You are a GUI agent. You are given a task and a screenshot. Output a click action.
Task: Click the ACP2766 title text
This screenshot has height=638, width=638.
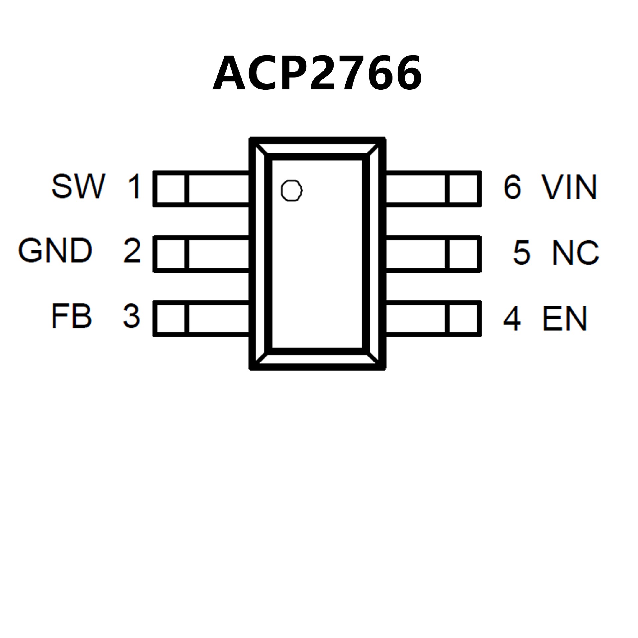coord(317,73)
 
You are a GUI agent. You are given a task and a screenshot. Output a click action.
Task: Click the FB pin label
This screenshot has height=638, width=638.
coord(71,316)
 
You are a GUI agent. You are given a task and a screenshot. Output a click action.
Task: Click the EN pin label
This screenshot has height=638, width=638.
coord(565,319)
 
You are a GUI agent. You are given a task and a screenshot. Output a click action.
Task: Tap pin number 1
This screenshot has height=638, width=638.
coord(135,187)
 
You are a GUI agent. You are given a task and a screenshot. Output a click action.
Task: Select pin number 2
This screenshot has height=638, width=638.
coord(132,251)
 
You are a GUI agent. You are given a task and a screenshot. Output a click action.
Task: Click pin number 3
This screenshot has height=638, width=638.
coord(132,316)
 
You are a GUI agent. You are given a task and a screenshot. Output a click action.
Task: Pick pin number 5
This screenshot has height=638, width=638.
coord(521,253)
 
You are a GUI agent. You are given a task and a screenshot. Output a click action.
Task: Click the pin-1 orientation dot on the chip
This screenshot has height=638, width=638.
coord(291,191)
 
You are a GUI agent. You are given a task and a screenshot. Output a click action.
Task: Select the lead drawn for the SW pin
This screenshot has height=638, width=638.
coord(201,188)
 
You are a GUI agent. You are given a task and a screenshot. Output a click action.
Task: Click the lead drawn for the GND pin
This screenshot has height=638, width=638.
coord(201,254)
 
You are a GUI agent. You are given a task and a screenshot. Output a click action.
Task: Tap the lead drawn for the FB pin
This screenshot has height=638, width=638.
coord(201,319)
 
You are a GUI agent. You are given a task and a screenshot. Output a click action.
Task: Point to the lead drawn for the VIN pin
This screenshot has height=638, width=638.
coord(433,188)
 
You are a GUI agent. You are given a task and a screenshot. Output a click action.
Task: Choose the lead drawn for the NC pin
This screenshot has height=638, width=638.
coord(433,254)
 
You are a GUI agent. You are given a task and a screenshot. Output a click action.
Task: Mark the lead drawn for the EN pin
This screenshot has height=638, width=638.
coord(433,319)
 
